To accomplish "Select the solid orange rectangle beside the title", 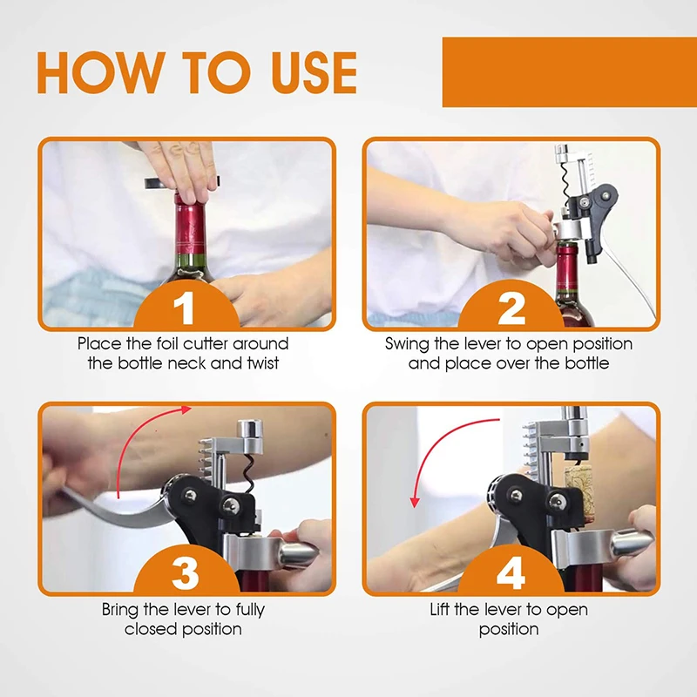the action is pyautogui.click(x=570, y=72).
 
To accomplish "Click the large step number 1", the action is pyautogui.click(x=185, y=308).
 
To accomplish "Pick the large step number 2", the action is pyautogui.click(x=511, y=308).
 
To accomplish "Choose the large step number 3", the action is pyautogui.click(x=185, y=573).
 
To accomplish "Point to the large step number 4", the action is pyautogui.click(x=511, y=573).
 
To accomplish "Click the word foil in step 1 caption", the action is pyautogui.click(x=167, y=343).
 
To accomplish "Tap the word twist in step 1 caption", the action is pyautogui.click(x=264, y=363).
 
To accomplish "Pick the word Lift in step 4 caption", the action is pyautogui.click(x=440, y=609).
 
